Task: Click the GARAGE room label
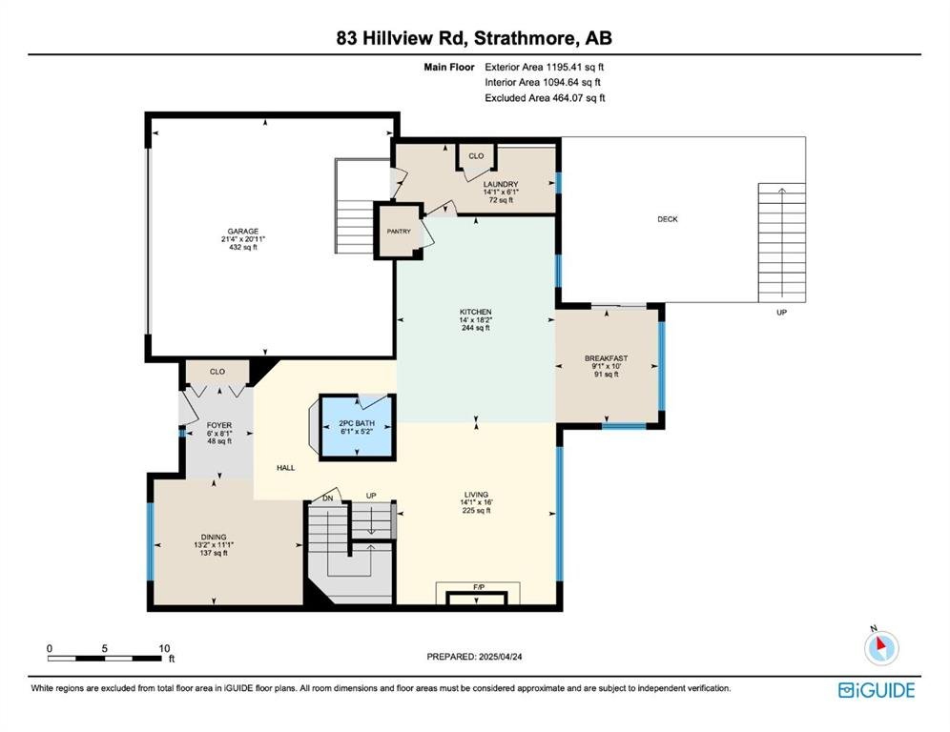tap(243, 232)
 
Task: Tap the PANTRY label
tap(399, 232)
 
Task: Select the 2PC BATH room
tap(358, 427)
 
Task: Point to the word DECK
tap(668, 219)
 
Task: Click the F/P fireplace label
tap(479, 587)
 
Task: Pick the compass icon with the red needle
tap(881, 646)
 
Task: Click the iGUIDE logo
tap(877, 690)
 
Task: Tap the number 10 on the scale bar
tap(164, 648)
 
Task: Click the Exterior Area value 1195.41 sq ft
tap(575, 68)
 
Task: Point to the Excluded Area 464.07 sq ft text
tap(545, 98)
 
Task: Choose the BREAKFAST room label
tap(606, 358)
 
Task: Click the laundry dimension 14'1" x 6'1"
tap(501, 192)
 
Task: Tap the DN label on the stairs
tap(328, 498)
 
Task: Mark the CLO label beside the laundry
tap(476, 156)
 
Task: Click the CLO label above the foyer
tap(217, 372)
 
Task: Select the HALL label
tap(286, 467)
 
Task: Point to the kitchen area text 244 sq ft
tap(476, 328)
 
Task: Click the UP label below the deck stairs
tap(781, 313)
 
